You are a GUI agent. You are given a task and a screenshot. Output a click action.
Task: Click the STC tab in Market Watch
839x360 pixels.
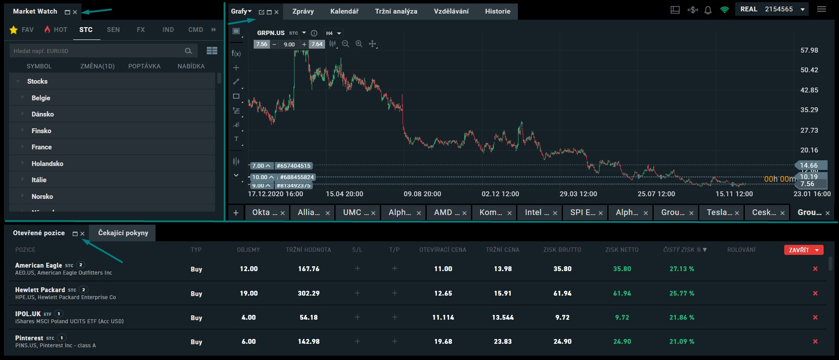(86, 30)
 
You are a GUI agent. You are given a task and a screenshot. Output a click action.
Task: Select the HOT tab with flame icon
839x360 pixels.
(56, 30)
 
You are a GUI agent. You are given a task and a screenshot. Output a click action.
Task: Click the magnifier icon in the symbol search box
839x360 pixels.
(188, 51)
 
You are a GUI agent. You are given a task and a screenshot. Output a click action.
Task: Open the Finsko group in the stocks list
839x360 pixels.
(41, 131)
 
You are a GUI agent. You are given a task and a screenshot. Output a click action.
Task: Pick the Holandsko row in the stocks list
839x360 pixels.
(47, 163)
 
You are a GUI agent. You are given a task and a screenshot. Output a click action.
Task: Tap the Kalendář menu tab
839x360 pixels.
(344, 11)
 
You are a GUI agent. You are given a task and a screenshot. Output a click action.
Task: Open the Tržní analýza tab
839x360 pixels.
(396, 11)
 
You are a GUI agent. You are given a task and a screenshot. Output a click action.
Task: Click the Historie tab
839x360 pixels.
(497, 11)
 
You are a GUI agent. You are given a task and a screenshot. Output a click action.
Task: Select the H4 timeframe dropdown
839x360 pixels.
(333, 33)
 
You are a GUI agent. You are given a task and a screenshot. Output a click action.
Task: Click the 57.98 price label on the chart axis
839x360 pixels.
(809, 50)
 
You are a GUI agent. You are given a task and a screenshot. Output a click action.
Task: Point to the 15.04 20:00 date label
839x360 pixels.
(344, 194)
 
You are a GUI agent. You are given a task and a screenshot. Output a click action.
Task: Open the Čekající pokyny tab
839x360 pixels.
(123, 233)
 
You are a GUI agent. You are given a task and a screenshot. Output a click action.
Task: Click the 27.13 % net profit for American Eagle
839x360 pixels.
(681, 269)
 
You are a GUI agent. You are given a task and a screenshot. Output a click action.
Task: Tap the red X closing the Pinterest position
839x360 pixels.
(815, 342)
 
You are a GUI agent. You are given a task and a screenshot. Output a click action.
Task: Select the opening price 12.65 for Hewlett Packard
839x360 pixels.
(443, 293)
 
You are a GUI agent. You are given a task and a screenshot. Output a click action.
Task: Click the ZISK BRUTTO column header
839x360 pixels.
(562, 250)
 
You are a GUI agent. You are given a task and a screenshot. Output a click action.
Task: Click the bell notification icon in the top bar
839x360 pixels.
(708, 10)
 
